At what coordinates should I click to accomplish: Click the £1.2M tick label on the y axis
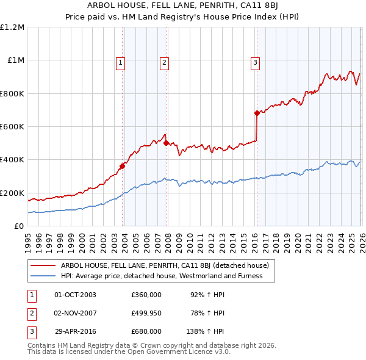(13, 27)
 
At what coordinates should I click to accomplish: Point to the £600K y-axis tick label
(13, 126)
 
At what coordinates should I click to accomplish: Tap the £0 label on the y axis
(20, 226)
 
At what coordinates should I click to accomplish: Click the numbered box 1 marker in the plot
(121, 62)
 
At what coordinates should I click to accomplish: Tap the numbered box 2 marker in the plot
(165, 62)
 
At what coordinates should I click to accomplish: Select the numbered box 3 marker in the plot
(255, 62)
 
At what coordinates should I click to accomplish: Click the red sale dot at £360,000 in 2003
(123, 166)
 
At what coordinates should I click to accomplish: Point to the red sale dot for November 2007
(167, 143)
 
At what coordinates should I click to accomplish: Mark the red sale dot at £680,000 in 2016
(257, 113)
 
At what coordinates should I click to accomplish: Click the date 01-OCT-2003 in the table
(75, 295)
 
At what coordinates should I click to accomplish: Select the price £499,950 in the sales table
(146, 313)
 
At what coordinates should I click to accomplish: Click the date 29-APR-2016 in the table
(75, 331)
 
